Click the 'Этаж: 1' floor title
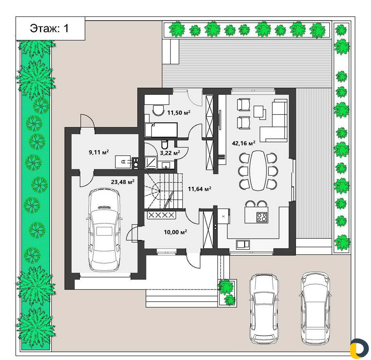pos(49,28)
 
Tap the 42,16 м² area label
pos(243,143)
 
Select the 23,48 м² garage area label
pos(122,182)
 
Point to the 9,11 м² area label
pos(99,152)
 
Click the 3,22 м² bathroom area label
pos(170,153)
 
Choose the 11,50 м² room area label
pos(179,113)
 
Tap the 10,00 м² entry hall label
pos(175,232)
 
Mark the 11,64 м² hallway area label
pos(200,189)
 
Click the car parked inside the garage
pos(104,229)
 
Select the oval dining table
pos(258,171)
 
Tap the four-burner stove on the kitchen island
pos(262,217)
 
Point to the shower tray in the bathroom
pos(151,162)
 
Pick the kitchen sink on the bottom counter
pos(243,244)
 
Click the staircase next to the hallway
pos(164,191)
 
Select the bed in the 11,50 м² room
pos(161,130)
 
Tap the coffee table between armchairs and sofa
pos(259,112)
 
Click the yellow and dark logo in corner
pos(359,348)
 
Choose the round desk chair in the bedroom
pos(158,110)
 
